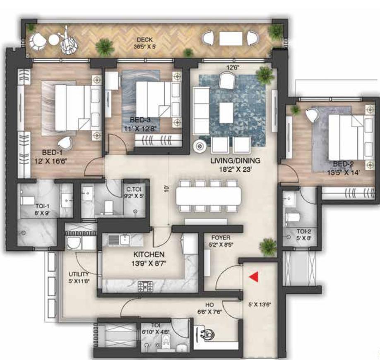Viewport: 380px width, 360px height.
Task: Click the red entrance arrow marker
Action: point(253,277)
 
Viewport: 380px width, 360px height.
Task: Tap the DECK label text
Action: point(142,39)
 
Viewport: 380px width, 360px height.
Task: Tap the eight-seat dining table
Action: point(208,197)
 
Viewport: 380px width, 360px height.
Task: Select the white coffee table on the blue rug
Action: point(226,112)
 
